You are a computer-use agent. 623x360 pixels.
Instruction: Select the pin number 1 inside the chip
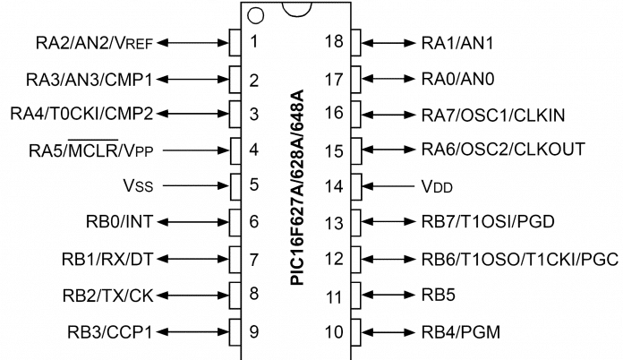click(255, 42)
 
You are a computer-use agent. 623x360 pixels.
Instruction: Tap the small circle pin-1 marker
click(256, 15)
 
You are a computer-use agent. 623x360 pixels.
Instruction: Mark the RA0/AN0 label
click(456, 78)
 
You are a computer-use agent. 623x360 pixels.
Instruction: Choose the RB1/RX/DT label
click(116, 259)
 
